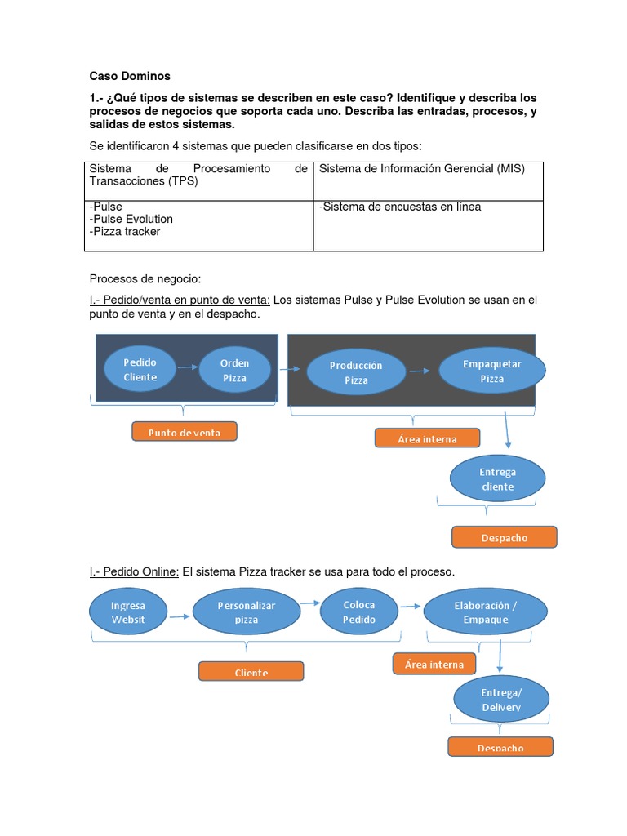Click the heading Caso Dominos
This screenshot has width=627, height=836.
point(130,76)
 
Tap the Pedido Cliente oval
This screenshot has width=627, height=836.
point(140,369)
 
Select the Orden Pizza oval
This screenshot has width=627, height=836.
point(234,370)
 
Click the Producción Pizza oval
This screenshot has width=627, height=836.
point(356,372)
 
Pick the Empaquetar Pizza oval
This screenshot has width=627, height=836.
point(491,371)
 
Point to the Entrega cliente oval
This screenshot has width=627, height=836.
point(497,479)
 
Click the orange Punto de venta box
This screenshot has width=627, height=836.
point(185,432)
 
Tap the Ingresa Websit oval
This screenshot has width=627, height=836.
point(128,612)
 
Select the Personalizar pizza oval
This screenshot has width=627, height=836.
point(247,612)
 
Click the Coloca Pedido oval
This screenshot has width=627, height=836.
point(359,611)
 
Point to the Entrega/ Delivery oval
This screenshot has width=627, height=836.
point(501,700)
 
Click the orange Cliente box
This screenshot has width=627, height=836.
point(251,672)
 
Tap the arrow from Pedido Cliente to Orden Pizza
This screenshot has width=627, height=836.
point(187,367)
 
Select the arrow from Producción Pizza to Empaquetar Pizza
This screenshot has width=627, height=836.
point(421,371)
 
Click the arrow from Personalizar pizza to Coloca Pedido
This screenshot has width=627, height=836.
point(309,603)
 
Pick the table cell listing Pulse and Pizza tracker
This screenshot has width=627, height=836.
point(198,225)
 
